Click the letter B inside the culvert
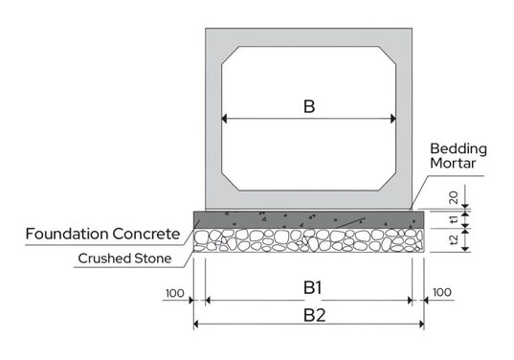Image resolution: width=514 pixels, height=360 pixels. [308, 105]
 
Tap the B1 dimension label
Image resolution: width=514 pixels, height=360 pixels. [308, 286]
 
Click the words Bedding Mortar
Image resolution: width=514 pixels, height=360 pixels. [458, 157]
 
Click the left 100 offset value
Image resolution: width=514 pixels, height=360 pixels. [175, 292]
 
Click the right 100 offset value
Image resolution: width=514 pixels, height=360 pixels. [443, 292]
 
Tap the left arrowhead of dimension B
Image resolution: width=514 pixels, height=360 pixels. [225, 120]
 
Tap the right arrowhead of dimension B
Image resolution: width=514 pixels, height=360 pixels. [392, 120]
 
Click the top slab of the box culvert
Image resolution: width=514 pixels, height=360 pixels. [308, 40]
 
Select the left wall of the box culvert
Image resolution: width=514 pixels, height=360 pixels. [213, 115]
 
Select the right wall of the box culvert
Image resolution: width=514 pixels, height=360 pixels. [404, 115]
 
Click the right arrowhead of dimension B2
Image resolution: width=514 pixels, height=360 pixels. [421, 325]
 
